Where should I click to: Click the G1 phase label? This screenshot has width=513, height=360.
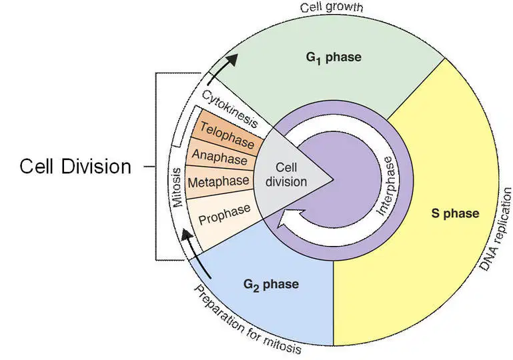[334, 57]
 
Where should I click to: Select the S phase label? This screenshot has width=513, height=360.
[455, 213]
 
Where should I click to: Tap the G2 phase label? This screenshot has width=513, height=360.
[271, 284]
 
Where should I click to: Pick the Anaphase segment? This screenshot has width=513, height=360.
[221, 156]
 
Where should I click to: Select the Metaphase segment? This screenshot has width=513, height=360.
[219, 182]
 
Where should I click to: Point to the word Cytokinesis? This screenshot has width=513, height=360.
[229, 108]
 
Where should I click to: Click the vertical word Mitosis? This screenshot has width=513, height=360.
[177, 187]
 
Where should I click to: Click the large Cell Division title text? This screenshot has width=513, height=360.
[75, 167]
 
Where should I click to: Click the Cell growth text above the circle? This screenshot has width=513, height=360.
[332, 7]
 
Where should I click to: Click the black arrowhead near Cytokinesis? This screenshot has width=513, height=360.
[231, 60]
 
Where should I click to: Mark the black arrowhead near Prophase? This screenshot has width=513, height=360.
[187, 235]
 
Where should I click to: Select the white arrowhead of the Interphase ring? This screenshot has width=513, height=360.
[286, 219]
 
